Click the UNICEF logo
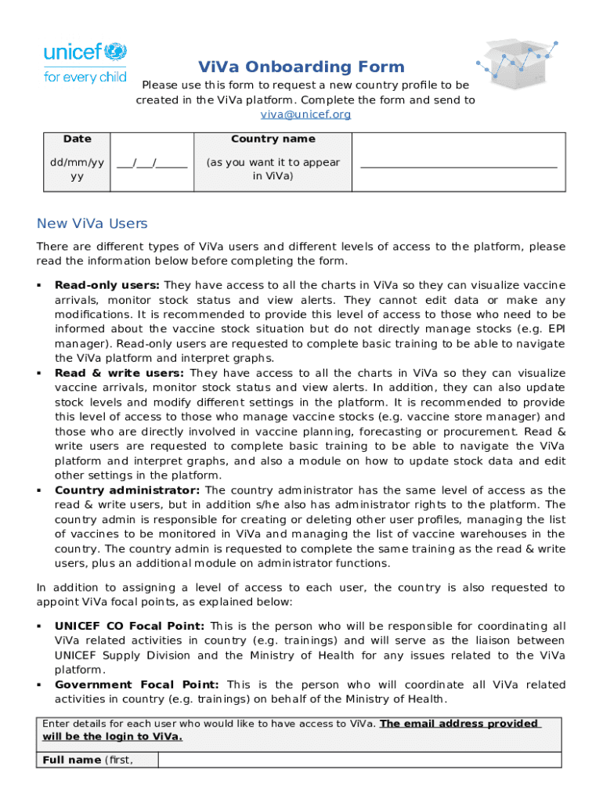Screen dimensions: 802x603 (x=85, y=52)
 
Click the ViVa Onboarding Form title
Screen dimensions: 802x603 (x=301, y=67)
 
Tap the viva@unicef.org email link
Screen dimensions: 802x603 (x=305, y=114)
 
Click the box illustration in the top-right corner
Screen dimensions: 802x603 (x=518, y=63)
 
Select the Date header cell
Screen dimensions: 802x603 (x=77, y=139)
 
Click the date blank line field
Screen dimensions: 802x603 (x=152, y=164)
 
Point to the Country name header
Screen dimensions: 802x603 (x=273, y=139)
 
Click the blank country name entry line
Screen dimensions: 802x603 (x=458, y=164)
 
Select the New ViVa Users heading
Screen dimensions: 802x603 (x=92, y=224)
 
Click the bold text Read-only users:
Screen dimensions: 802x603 (x=107, y=286)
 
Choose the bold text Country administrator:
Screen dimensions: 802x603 (x=127, y=491)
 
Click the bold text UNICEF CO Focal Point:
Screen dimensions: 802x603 (x=130, y=627)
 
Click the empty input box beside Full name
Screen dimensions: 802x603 (x=359, y=760)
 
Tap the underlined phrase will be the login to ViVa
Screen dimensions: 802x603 (x=112, y=737)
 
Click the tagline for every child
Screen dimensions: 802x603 (x=85, y=78)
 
